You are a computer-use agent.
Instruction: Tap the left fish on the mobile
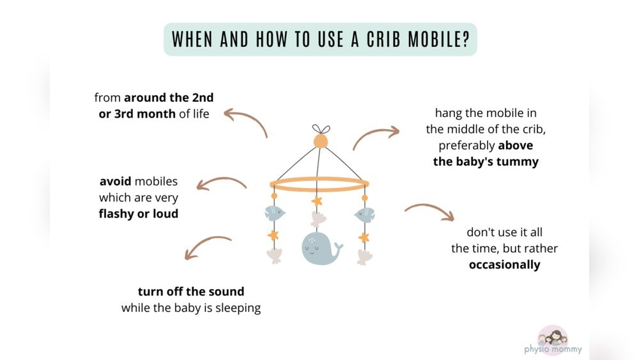point(274,214)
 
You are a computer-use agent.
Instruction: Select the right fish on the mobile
point(364,214)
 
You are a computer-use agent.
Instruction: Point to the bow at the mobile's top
point(319,128)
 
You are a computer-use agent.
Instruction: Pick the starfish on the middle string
point(318,201)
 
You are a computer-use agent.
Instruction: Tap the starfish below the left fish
point(273,235)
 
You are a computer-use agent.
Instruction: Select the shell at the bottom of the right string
point(364,257)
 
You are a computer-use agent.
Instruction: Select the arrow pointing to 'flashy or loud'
point(220,184)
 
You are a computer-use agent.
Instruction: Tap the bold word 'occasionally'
point(504,265)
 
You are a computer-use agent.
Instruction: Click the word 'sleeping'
point(237,308)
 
